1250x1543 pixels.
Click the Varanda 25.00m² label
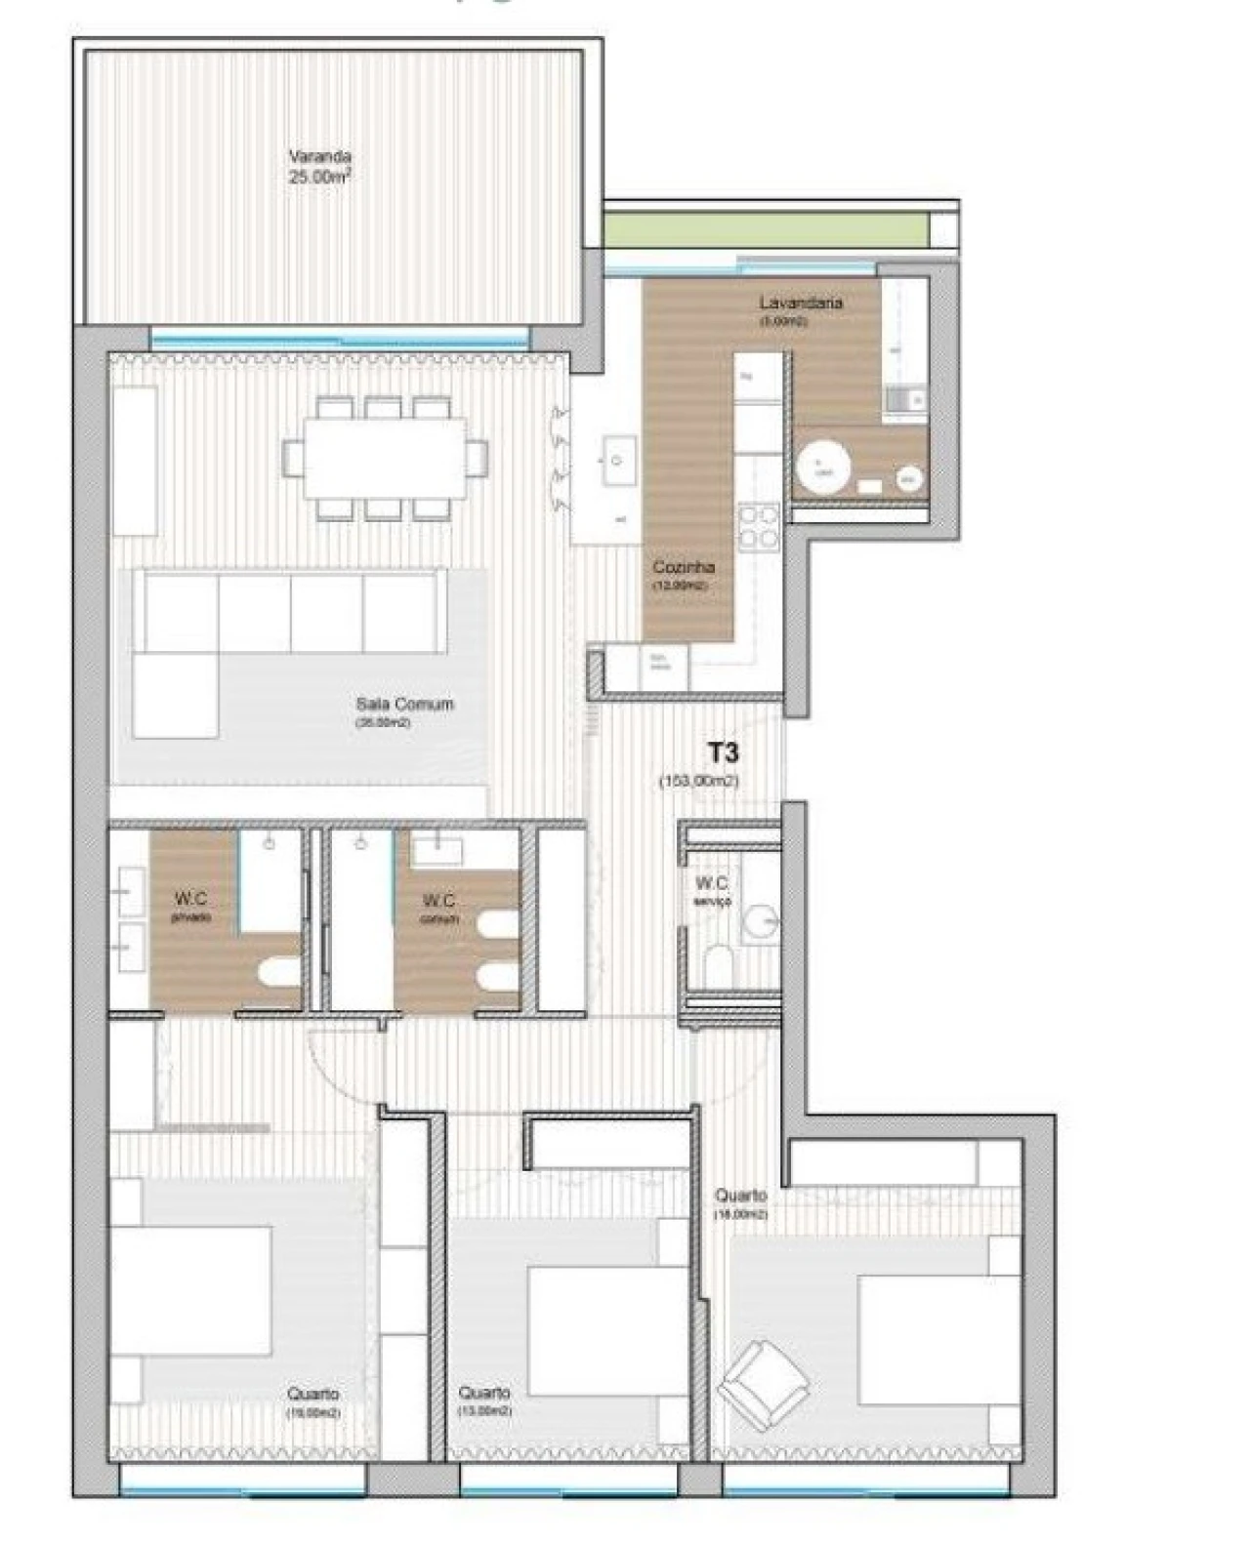(319, 167)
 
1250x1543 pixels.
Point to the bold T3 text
(723, 752)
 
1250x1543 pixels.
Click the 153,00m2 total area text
(699, 781)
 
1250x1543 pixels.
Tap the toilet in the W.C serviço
(719, 967)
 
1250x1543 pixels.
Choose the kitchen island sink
(617, 460)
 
